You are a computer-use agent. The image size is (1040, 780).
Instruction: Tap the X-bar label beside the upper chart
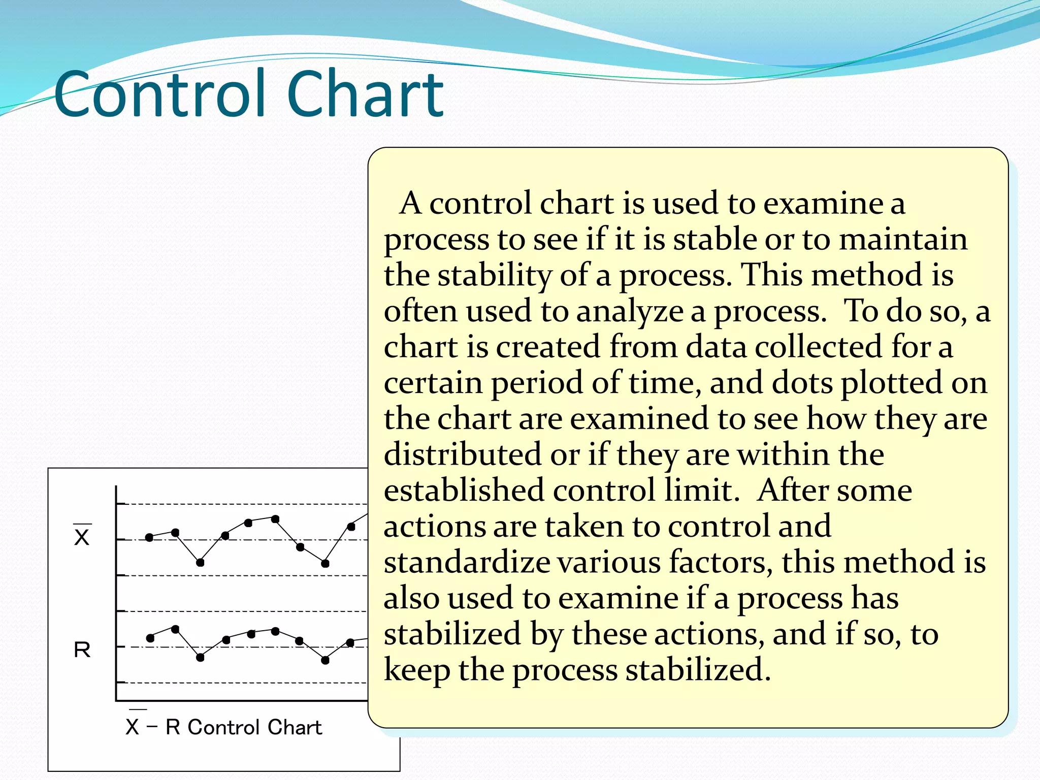click(82, 536)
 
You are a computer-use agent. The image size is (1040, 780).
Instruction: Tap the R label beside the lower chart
click(82, 649)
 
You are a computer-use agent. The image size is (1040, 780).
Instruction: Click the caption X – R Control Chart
click(224, 727)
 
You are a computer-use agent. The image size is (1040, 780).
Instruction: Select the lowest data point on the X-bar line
click(200, 563)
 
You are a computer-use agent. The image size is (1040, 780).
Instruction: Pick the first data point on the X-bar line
click(149, 537)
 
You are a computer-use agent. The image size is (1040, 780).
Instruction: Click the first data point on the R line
click(150, 638)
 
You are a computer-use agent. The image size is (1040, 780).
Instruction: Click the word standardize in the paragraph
click(467, 563)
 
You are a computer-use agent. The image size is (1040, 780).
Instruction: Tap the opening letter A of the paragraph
click(410, 203)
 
